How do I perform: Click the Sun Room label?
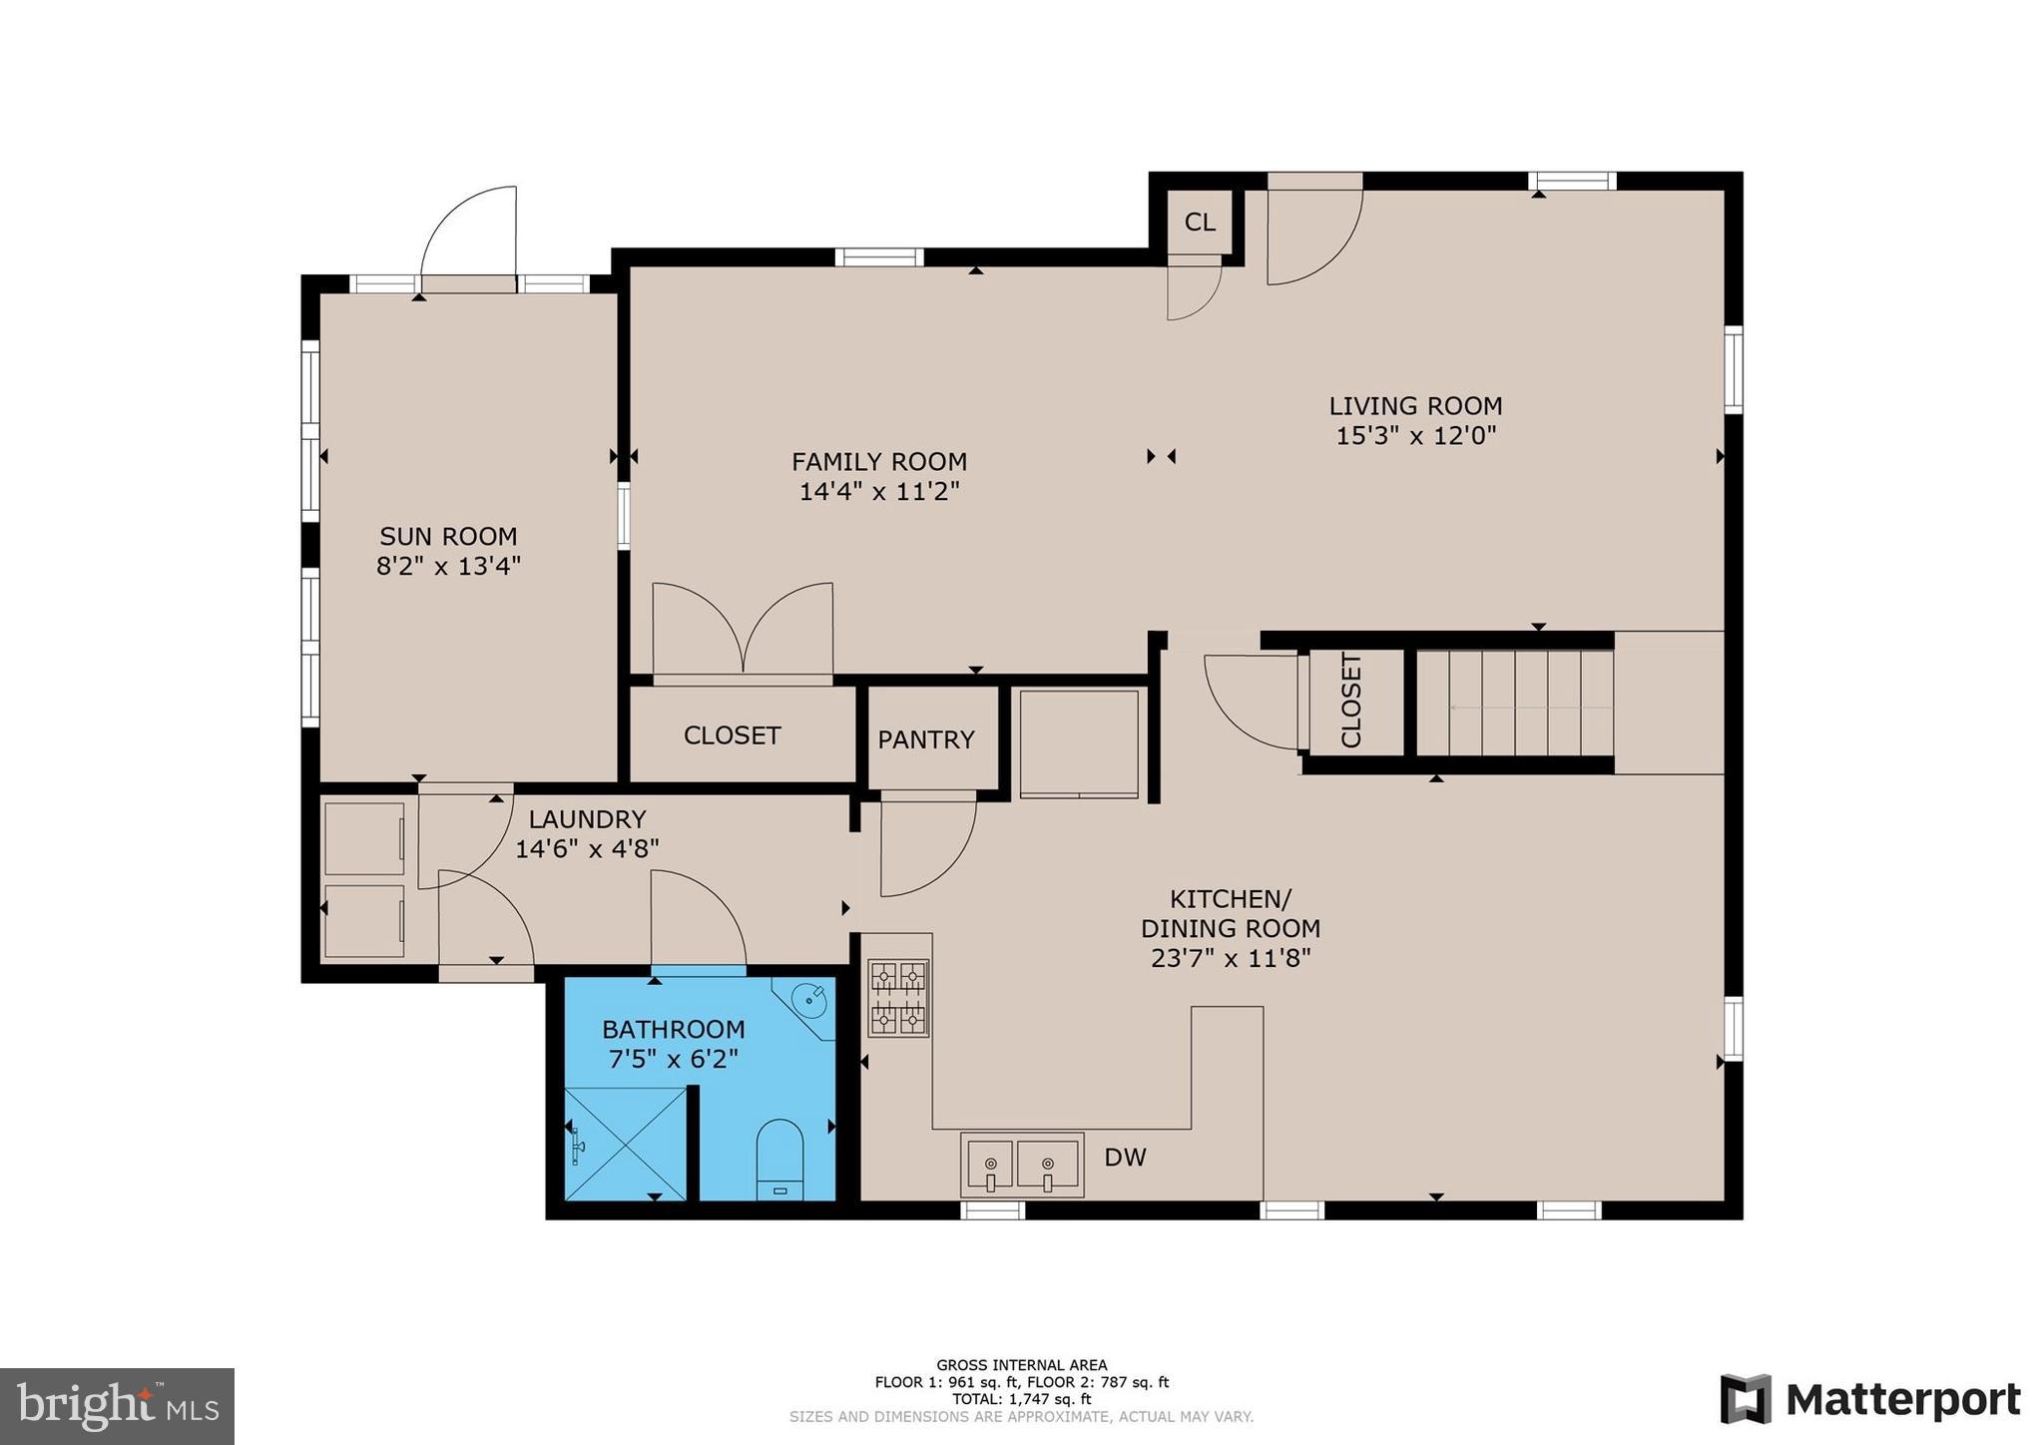point(448,536)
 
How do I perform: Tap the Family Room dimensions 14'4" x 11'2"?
point(878,491)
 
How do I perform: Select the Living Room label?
point(1414,406)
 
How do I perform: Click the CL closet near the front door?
point(1200,222)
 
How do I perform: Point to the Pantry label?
point(925,739)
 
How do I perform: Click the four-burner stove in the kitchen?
point(897,997)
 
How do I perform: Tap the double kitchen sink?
point(1021,1164)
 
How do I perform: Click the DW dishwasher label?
point(1125,1158)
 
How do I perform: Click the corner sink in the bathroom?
point(808,998)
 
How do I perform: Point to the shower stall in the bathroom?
point(625,1144)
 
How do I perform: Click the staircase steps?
point(1514,703)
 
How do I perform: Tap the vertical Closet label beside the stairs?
point(1350,701)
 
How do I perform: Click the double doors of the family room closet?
point(743,631)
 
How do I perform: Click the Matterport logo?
point(1870,1399)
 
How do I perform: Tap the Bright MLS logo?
point(117,1406)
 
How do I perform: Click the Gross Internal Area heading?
point(1021,1365)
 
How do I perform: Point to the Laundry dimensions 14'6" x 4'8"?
point(587,849)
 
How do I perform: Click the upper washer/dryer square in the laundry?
point(363,838)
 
